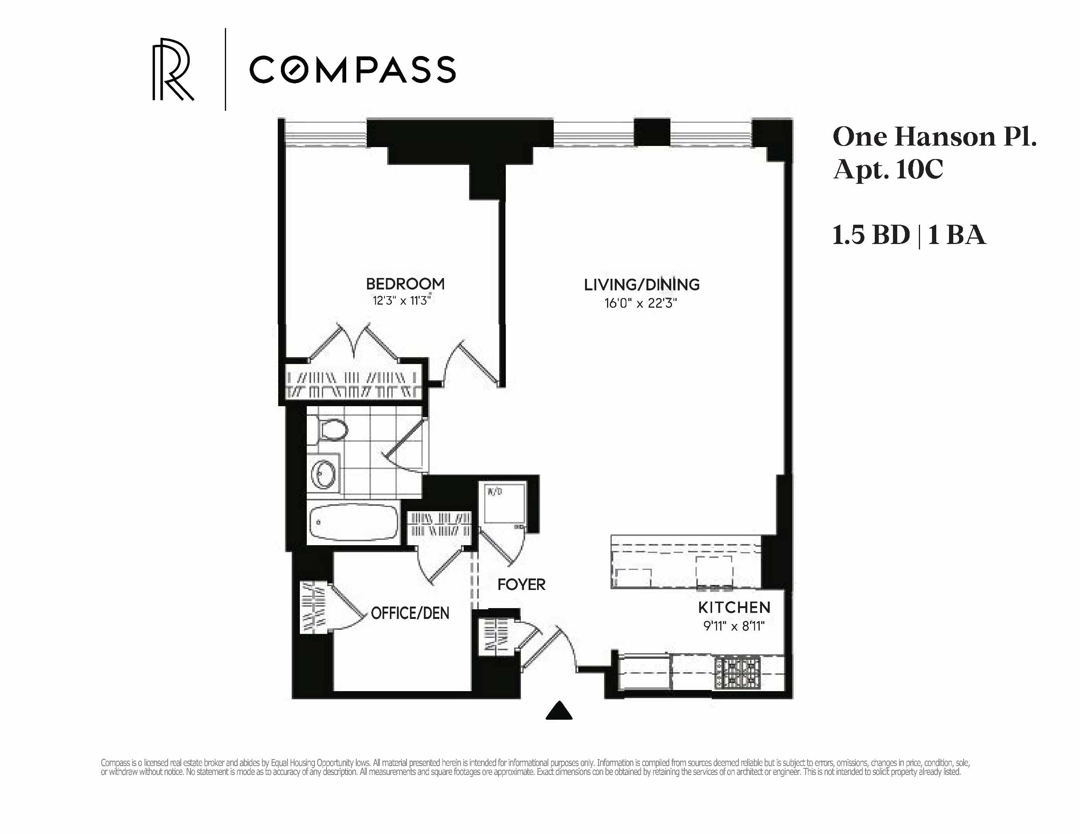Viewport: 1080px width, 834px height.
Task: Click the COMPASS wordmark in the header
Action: pos(352,69)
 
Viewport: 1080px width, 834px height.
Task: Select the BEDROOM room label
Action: pos(405,284)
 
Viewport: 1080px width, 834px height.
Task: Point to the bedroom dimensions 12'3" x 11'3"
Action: pos(401,300)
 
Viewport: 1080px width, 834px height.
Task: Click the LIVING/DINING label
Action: pos(641,285)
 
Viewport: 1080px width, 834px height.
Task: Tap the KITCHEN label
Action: pos(734,607)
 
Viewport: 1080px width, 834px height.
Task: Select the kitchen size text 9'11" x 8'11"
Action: pos(734,626)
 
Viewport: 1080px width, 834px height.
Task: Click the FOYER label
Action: pos(521,585)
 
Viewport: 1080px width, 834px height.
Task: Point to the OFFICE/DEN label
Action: pos(410,613)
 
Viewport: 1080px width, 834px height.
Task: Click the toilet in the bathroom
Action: pos(331,429)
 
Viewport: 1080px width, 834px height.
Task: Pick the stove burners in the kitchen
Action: pos(737,673)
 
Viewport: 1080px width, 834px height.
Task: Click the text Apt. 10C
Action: pos(888,169)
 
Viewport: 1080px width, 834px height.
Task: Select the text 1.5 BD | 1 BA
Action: pos(909,235)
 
